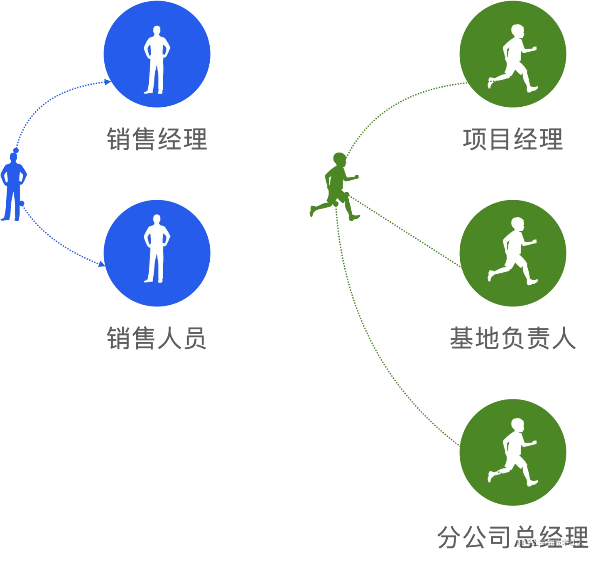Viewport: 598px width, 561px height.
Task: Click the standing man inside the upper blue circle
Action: coord(157,60)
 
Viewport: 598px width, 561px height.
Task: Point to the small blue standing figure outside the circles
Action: coord(13,187)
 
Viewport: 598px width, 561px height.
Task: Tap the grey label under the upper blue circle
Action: coord(157,139)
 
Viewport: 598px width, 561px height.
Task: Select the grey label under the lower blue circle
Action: coord(157,338)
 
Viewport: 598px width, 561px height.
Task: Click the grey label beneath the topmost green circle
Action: coord(513,139)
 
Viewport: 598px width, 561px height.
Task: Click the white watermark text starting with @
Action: coord(551,542)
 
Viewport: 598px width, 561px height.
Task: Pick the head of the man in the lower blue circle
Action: coord(157,220)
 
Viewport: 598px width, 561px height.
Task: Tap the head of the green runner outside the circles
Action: coord(339,159)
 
